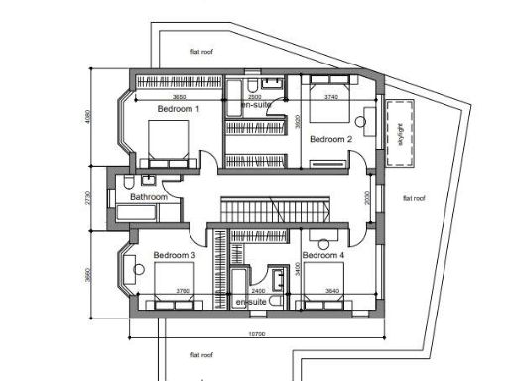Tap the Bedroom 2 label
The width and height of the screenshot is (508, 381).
pyautogui.click(x=330, y=139)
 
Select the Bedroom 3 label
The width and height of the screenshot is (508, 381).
pyautogui.click(x=175, y=256)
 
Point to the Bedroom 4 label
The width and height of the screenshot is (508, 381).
pyautogui.click(x=323, y=256)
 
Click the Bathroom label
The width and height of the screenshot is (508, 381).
pyautogui.click(x=150, y=197)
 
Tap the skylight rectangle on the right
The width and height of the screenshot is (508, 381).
pyautogui.click(x=399, y=131)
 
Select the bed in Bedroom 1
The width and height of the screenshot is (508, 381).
pyautogui.click(x=166, y=142)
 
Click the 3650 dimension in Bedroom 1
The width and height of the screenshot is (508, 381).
pyautogui.click(x=179, y=97)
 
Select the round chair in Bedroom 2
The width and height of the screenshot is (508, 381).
pyautogui.click(x=358, y=125)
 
